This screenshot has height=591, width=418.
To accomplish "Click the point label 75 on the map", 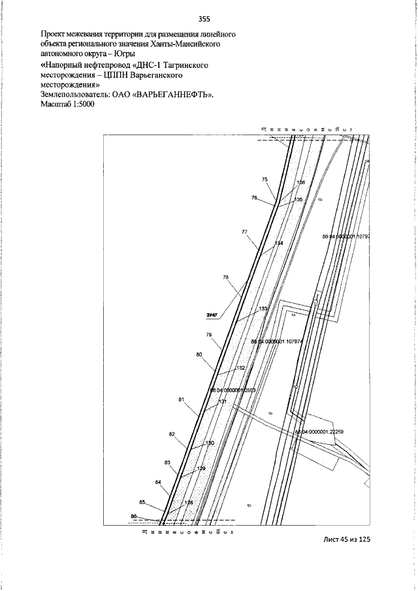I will [265, 179].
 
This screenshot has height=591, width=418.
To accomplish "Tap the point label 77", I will [244, 232].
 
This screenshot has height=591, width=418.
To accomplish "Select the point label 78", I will [226, 278].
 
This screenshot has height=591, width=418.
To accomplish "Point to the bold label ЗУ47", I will [212, 317].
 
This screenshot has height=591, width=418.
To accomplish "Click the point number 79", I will [210, 334].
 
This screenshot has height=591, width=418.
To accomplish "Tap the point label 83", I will [167, 462].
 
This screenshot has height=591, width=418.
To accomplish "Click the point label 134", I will [279, 243].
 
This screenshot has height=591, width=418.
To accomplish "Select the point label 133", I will [263, 308].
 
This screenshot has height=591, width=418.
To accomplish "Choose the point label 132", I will [240, 368].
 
